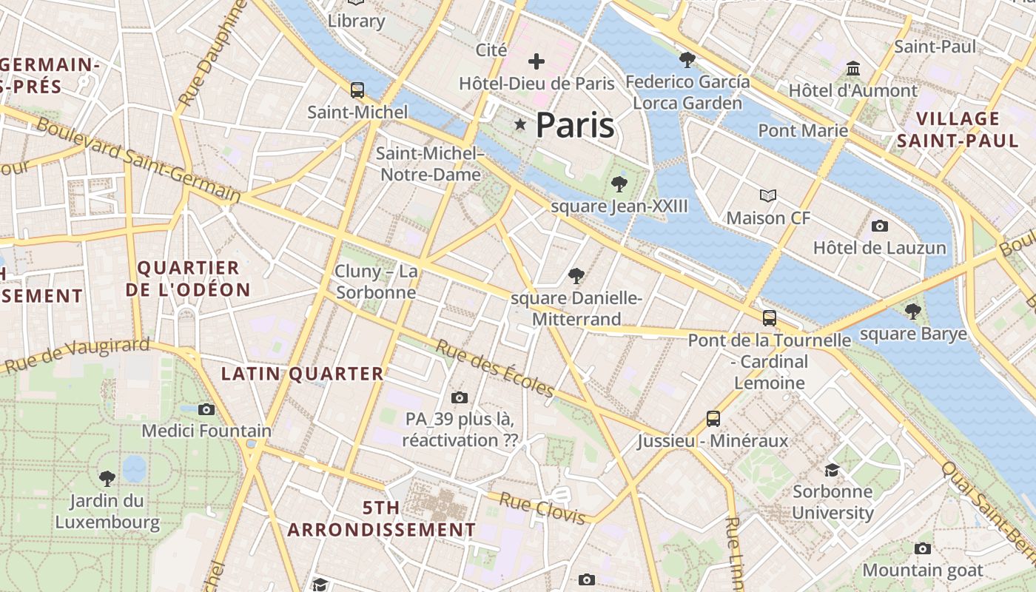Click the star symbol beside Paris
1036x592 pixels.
[x=521, y=125]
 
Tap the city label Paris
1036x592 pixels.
[x=575, y=125]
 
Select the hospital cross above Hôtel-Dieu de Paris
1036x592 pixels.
[x=536, y=61]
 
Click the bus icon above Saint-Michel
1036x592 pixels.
[x=357, y=90]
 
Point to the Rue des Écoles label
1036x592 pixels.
[x=494, y=369]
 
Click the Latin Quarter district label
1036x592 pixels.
[x=303, y=374]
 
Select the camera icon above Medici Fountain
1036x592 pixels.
[x=206, y=409]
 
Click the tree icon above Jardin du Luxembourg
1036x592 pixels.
[x=107, y=478]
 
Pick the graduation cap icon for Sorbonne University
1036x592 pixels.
[x=832, y=470]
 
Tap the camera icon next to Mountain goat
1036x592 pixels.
[x=922, y=548]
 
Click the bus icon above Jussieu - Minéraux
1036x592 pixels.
[x=713, y=419]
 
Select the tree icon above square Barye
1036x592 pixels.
[x=913, y=311]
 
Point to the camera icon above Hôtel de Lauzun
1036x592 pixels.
[x=880, y=226]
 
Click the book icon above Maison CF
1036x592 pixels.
[x=768, y=196]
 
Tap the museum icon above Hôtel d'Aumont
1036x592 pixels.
[x=852, y=68]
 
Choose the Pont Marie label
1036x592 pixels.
[x=803, y=131]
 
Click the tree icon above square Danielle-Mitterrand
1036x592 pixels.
[x=576, y=276]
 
